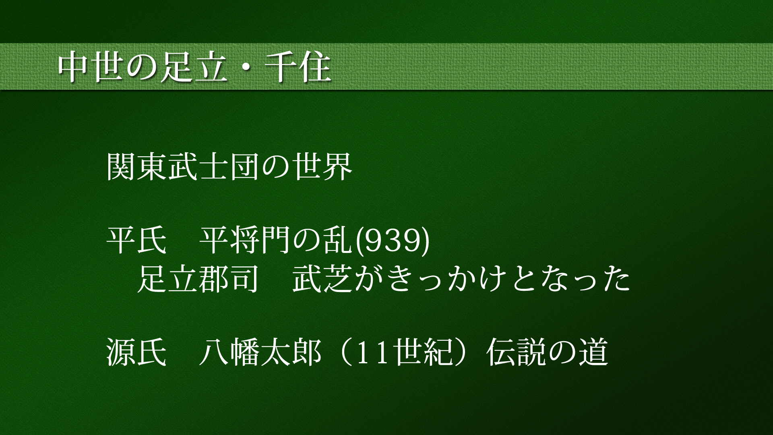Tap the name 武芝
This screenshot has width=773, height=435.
click(322, 278)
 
